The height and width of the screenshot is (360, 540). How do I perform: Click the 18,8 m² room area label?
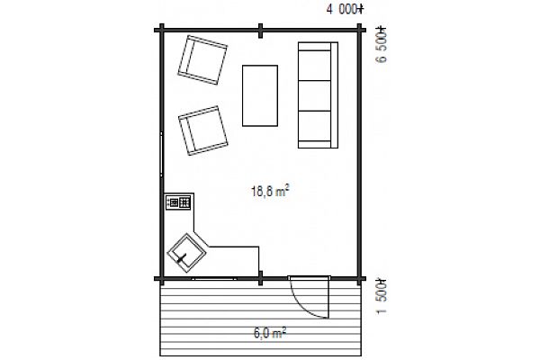[x=270, y=191]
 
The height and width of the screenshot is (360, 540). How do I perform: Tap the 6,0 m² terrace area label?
[x=270, y=333]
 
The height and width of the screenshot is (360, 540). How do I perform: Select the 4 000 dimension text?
[x=345, y=9]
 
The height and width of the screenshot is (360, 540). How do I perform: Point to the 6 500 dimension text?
[x=382, y=44]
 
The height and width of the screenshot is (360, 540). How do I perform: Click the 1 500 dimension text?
[x=382, y=297]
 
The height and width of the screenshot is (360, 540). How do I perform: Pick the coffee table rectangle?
[x=260, y=95]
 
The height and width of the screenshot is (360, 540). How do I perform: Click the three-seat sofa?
[x=318, y=95]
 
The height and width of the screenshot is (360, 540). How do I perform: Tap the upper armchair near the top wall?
[x=202, y=60]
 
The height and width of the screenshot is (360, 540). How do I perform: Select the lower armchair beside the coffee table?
[x=203, y=130]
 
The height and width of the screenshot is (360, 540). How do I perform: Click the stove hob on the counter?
[x=178, y=202]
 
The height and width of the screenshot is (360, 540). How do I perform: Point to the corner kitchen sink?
[x=186, y=253]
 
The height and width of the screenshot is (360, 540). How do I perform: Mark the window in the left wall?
[x=161, y=154]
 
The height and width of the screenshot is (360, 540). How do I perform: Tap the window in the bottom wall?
[x=214, y=278]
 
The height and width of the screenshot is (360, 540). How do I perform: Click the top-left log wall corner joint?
[x=161, y=30]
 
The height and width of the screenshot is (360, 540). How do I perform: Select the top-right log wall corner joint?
[x=359, y=30]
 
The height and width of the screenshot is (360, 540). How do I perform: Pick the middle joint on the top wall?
[x=261, y=31]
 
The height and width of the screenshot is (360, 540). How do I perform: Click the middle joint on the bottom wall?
[x=261, y=278]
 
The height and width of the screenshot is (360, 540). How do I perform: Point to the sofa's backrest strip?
[x=334, y=95]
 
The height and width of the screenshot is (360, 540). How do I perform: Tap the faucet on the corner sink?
[x=182, y=257]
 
